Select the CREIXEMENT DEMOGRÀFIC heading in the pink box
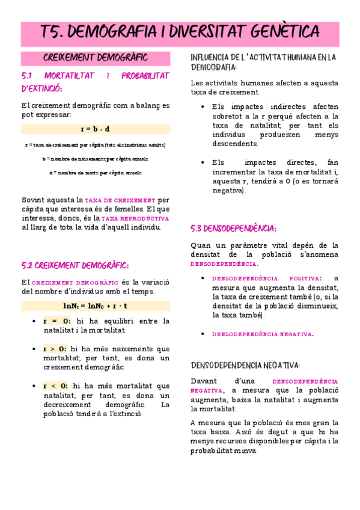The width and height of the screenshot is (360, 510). [96, 58]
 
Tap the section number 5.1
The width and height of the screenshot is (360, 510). [29, 76]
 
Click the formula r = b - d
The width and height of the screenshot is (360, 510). [95, 129]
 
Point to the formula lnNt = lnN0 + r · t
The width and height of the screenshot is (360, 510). [95, 306]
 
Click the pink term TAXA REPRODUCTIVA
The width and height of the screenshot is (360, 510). [136, 219]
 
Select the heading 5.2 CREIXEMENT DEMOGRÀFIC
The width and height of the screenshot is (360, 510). [75, 265]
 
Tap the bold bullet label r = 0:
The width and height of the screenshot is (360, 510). [56, 321]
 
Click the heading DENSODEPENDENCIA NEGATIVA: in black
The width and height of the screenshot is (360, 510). [245, 364]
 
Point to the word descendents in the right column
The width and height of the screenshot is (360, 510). [234, 143]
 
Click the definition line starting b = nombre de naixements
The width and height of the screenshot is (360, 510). [95, 159]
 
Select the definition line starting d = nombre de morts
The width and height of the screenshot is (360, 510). [95, 173]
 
